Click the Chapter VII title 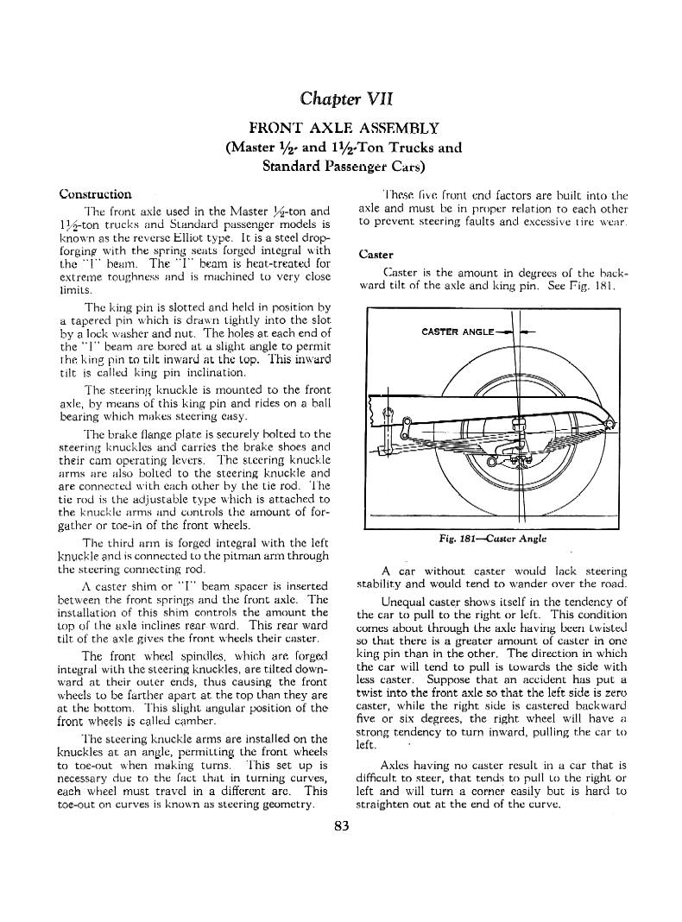[341, 95]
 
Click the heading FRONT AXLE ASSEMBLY [341, 128]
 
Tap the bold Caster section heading [376, 255]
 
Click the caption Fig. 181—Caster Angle [494, 538]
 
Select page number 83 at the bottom [341, 825]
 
